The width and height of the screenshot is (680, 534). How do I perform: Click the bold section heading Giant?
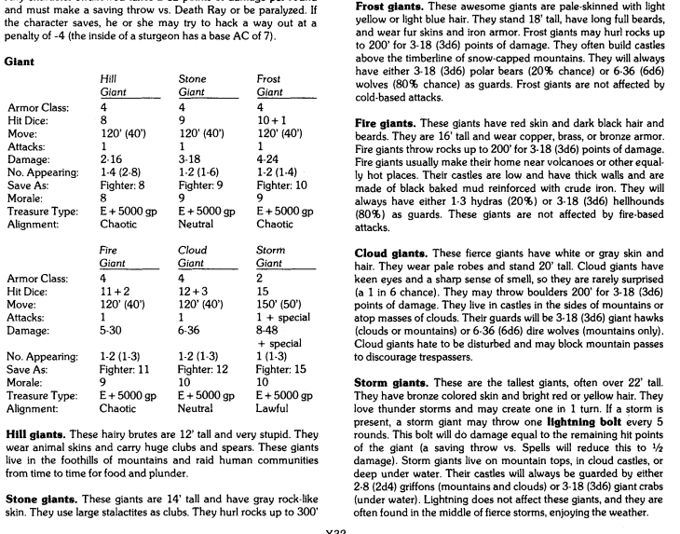tap(20, 61)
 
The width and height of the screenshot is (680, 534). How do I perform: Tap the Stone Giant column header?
tap(192, 86)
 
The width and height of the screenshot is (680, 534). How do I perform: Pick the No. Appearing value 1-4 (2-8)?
tap(120, 173)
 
